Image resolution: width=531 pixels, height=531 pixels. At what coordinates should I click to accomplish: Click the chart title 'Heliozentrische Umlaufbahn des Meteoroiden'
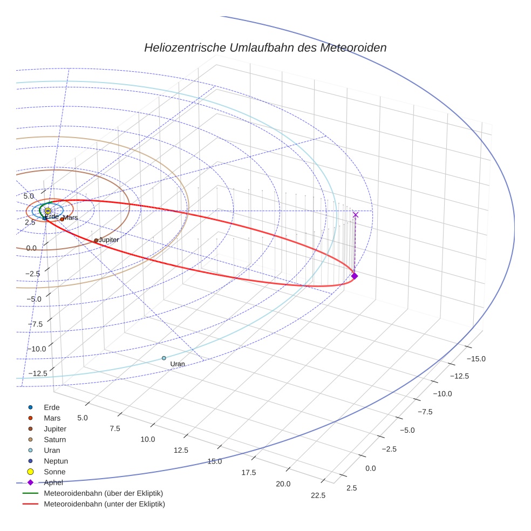[x=265, y=47]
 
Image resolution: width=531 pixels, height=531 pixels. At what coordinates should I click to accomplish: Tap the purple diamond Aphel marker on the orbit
[x=354, y=276]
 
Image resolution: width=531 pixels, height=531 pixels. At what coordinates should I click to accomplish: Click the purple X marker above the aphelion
[x=355, y=215]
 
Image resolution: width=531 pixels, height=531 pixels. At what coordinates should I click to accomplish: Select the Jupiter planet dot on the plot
[x=96, y=241]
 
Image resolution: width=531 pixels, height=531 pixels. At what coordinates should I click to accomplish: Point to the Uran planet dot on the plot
[x=164, y=358]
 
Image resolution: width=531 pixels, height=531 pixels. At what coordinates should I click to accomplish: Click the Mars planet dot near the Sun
[x=62, y=219]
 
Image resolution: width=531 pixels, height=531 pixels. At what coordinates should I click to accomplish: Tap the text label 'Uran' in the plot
[x=178, y=364]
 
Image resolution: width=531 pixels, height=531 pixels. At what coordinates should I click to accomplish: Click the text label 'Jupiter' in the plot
[x=109, y=240]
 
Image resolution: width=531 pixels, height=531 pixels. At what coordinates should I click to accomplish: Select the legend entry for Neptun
[x=56, y=461]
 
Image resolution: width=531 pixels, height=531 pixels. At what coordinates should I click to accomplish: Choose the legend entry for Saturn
[x=55, y=439]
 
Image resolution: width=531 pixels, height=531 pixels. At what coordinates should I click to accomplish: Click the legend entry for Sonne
[x=53, y=472]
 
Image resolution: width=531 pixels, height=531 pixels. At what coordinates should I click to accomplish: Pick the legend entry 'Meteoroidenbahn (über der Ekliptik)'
[x=103, y=493]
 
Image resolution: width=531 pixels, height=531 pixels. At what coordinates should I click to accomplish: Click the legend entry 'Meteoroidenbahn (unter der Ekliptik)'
[x=104, y=504]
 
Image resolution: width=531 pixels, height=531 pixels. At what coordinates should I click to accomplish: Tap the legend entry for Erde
[x=52, y=407]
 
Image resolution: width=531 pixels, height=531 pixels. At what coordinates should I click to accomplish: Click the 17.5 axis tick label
[x=249, y=472]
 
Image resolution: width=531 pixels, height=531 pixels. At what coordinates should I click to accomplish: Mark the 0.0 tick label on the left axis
[x=31, y=248]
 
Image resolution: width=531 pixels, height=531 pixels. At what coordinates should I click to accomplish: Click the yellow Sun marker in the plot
[x=47, y=211]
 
